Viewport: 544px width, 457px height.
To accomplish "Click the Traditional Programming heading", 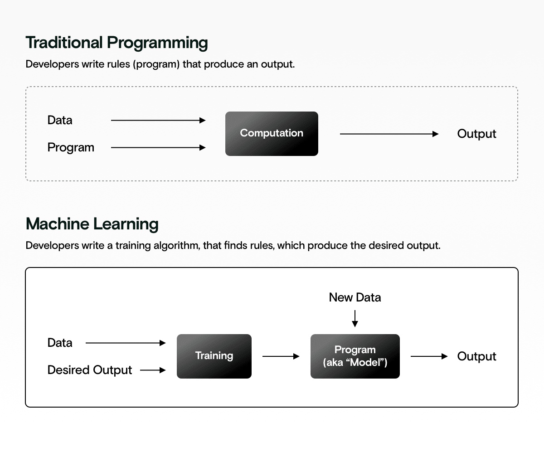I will pos(117,43).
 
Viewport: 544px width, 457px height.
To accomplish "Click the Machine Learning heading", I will pos(92,224).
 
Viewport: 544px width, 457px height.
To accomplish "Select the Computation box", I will pos(272,134).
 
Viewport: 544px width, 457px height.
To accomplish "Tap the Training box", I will pos(214,356).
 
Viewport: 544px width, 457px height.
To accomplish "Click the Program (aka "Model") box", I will pos(355,356).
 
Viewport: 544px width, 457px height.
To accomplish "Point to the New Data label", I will pos(355,297).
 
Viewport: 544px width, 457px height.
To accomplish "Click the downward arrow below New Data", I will pos(355,318).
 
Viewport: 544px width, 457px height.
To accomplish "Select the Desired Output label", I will pos(90,370).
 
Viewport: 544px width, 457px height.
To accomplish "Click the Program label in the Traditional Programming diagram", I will pos(71,147).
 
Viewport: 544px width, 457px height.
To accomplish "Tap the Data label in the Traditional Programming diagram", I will pos(60,120).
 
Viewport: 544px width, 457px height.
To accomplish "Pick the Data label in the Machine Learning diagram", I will pos(60,343).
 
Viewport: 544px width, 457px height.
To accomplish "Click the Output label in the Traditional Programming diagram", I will pos(476,134).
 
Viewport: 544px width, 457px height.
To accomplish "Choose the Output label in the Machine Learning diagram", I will pos(476,356).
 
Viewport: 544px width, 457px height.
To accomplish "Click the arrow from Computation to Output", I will pos(389,134).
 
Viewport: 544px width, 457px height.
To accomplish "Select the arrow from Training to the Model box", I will pos(281,356).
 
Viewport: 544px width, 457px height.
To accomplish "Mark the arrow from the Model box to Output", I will pos(429,356).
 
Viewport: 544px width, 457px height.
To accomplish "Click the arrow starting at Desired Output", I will pos(153,370).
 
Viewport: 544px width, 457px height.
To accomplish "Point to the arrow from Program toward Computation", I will pos(158,147).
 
